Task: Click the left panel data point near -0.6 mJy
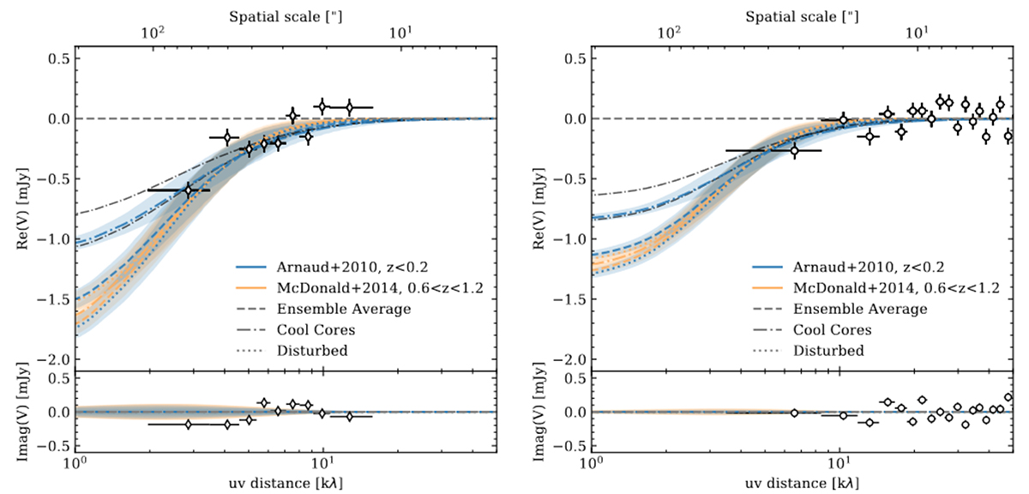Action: (189, 190)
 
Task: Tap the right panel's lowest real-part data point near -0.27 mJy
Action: (794, 150)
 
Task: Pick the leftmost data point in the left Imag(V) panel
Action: (188, 425)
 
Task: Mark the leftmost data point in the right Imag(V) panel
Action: (794, 413)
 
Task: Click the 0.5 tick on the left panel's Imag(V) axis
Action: (57, 377)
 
